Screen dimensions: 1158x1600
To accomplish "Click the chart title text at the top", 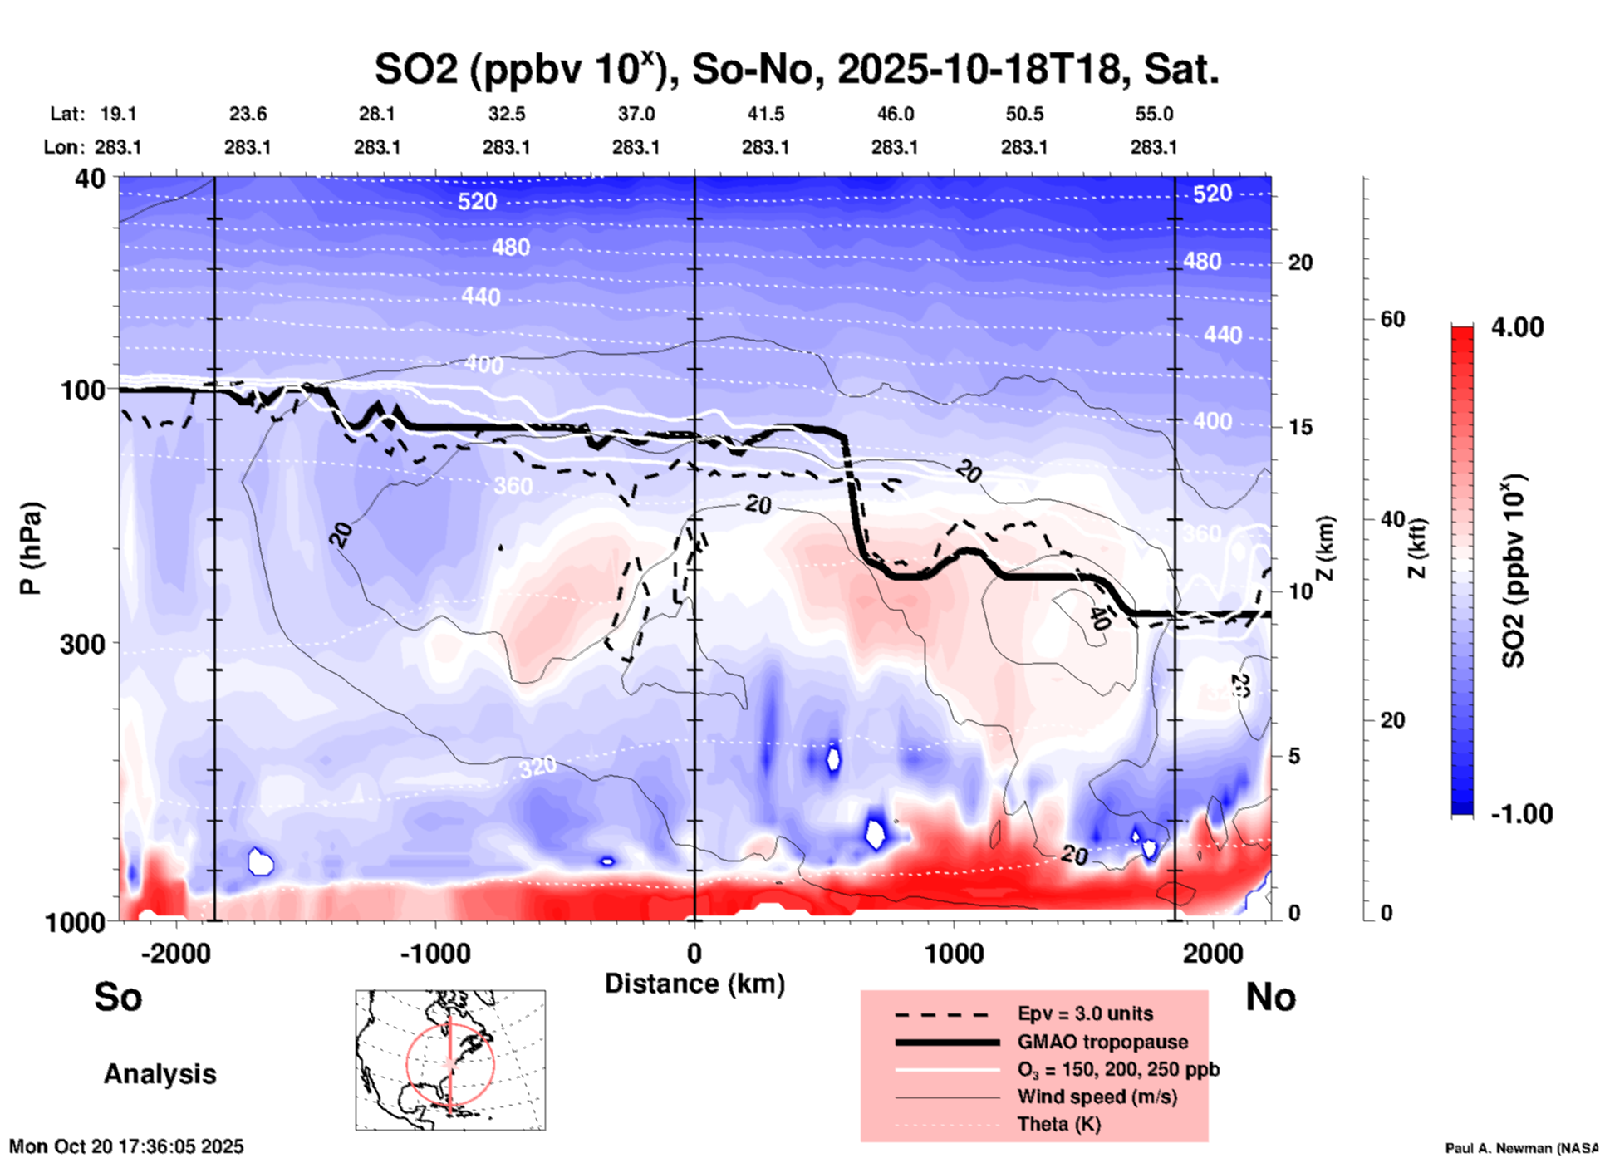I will (796, 70).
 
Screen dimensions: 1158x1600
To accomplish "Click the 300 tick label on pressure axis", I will (83, 644).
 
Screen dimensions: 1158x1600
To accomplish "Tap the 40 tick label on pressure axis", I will (91, 179).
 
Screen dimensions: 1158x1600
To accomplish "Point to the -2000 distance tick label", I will (175, 954).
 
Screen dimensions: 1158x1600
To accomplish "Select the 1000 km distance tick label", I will (954, 954).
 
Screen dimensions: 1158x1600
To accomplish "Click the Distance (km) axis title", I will (694, 984).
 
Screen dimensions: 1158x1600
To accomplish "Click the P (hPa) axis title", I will (31, 548).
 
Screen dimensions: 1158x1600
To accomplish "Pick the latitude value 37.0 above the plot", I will (636, 115).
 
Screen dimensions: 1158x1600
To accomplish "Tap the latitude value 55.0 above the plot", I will (1154, 115).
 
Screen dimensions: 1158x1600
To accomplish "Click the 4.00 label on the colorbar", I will (1517, 327).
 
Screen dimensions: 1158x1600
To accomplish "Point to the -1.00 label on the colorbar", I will (1521, 813).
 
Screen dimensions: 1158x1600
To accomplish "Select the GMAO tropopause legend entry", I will (1102, 1042).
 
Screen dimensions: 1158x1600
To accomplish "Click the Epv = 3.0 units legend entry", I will (1085, 1013).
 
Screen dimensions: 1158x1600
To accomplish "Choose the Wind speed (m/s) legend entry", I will (1097, 1097).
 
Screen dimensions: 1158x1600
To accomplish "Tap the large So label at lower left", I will (118, 997).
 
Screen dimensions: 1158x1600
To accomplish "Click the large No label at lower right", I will (1270, 997).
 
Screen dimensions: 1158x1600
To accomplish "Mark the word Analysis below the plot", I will (160, 1074).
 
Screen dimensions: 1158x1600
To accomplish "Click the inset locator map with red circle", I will (450, 1060).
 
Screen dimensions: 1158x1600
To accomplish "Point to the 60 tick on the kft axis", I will (1392, 320).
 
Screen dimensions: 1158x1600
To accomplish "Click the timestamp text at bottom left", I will (126, 1146).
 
